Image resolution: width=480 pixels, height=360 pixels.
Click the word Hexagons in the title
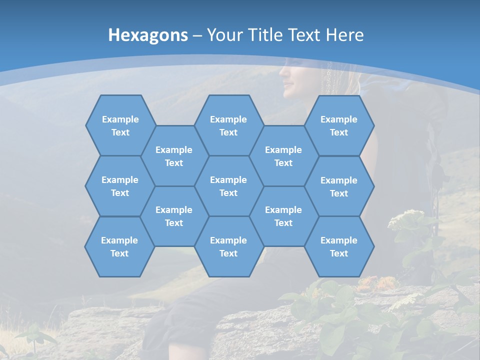(148, 35)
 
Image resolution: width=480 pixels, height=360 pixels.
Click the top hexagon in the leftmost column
(120, 125)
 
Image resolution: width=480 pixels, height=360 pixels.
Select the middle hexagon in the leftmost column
(120, 186)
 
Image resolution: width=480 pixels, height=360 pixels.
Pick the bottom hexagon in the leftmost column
(119, 246)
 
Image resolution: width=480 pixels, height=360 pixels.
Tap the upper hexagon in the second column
(174, 156)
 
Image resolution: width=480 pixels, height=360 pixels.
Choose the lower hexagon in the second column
(174, 216)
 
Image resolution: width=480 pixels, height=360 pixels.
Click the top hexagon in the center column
(228, 125)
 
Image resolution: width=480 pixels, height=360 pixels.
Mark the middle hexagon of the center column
(228, 186)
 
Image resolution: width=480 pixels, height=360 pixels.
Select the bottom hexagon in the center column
(228, 246)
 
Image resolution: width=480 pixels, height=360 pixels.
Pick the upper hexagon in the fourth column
(283, 156)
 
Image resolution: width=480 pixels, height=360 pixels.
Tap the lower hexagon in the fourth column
(283, 216)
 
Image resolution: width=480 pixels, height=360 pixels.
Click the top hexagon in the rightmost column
(339, 125)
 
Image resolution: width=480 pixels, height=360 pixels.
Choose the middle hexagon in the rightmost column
(339, 186)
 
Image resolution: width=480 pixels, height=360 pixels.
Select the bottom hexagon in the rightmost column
(339, 246)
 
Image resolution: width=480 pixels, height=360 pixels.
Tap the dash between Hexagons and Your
(197, 35)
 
